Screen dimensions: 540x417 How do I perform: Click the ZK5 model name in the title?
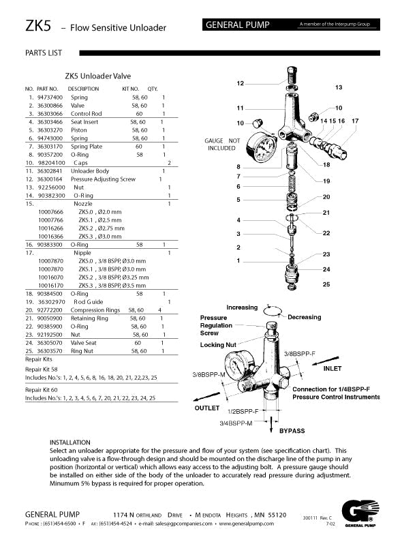click(x=37, y=26)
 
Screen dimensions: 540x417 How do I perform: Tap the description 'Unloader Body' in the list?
click(x=89, y=171)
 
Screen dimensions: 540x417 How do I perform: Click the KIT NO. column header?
click(x=130, y=89)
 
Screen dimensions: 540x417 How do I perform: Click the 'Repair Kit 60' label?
click(x=42, y=389)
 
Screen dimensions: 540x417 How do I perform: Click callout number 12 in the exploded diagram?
click(x=240, y=83)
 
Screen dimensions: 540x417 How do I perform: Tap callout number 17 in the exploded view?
click(x=355, y=121)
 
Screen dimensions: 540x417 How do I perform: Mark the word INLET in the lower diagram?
click(x=332, y=368)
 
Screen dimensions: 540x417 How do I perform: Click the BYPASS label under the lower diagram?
click(x=292, y=431)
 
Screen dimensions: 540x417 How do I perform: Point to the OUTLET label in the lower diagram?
click(x=207, y=408)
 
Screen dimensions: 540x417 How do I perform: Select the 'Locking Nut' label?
click(x=217, y=345)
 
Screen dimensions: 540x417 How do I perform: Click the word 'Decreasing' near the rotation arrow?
click(x=305, y=317)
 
